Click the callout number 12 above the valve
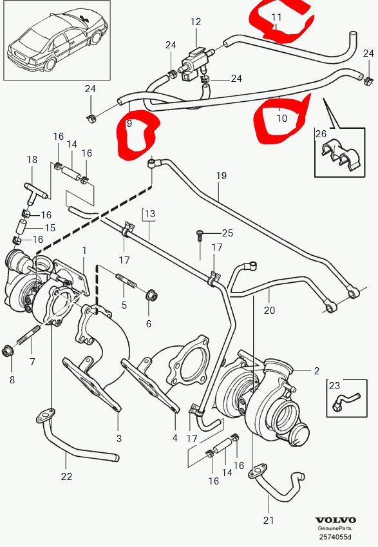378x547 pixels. coord(195,21)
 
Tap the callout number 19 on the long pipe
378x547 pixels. coord(221,175)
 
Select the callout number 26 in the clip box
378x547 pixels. coord(321,133)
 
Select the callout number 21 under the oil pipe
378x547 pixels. coord(269,521)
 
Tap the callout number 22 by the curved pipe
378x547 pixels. coord(66,477)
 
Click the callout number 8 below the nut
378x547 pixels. coord(11,379)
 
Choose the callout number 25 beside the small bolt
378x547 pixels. coord(227,233)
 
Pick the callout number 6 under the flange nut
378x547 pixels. coord(148,323)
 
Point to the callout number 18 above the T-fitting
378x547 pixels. coord(32,159)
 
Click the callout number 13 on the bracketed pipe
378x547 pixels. coord(149,213)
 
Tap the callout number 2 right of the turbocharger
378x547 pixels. coord(316,370)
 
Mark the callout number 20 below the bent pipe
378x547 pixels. coord(269,310)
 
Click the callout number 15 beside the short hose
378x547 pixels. coord(50,228)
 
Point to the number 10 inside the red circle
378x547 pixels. coord(281,119)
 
